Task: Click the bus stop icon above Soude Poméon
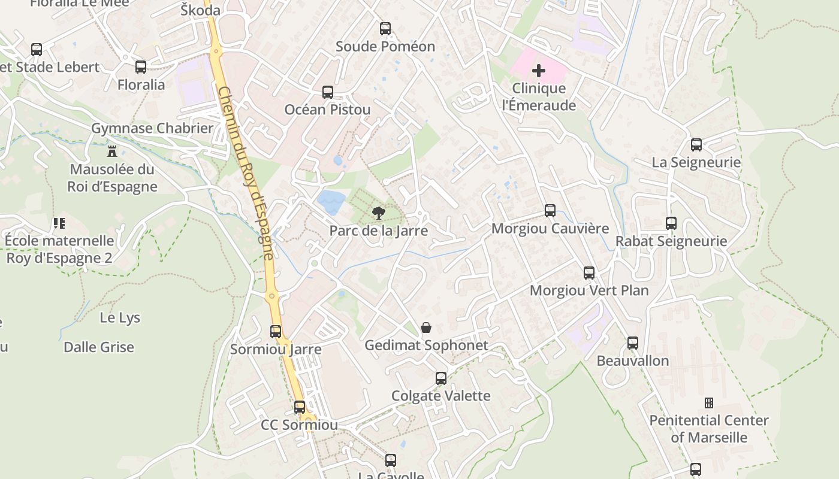pos(385,28)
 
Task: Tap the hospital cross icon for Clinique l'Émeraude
pos(539,71)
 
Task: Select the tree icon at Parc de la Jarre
pos(378,213)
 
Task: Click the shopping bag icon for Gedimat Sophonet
pos(426,328)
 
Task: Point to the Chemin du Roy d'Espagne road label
pos(246,174)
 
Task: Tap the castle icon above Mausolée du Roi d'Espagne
pos(111,151)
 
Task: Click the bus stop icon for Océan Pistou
pos(328,92)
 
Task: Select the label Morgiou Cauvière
pos(550,229)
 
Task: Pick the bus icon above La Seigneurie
pos(696,145)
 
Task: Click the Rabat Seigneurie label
pos(671,241)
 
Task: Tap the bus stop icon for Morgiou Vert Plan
pos(589,273)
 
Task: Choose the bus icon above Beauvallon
pos(633,343)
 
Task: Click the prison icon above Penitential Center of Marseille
pos(709,402)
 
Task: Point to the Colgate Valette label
pos(440,396)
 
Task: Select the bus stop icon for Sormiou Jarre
pos(276,331)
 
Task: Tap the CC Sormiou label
pos(299,425)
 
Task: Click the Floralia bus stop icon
pos(141,67)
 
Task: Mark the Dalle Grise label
pos(99,347)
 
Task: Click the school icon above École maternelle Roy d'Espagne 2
pos(59,223)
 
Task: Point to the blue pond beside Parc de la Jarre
pos(331,202)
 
